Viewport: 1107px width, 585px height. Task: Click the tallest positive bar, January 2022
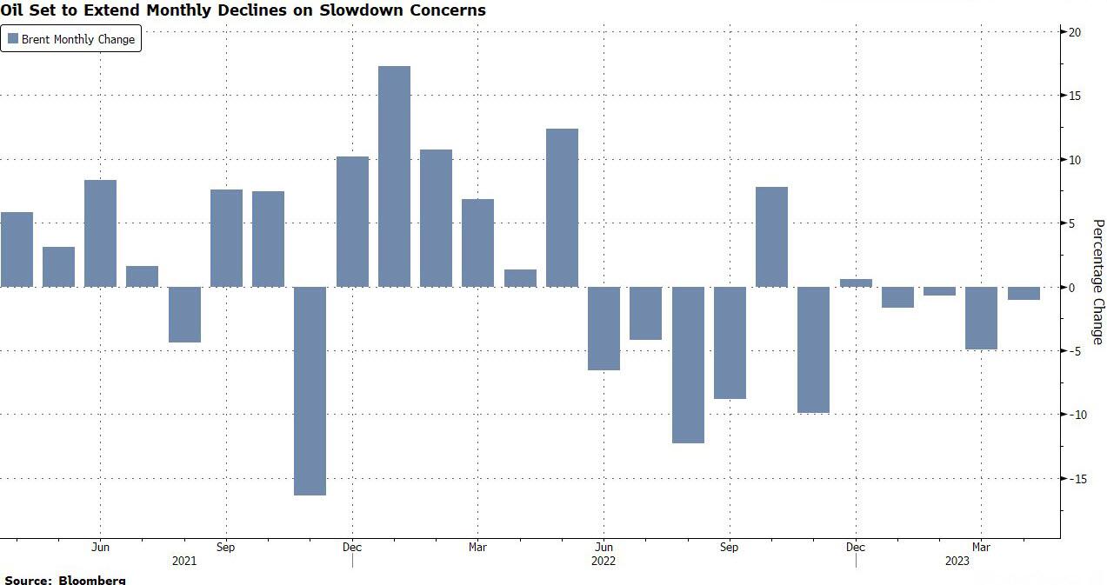[x=394, y=176]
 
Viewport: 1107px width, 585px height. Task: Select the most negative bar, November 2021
[x=310, y=390]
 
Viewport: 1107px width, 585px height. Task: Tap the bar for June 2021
[x=100, y=233]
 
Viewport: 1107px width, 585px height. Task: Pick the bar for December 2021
[x=352, y=222]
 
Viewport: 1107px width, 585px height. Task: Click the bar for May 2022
[x=562, y=208]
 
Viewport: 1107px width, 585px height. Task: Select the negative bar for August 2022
[x=688, y=364]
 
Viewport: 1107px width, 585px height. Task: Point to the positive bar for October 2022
[x=771, y=236]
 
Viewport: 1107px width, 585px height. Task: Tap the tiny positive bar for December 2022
[x=856, y=283]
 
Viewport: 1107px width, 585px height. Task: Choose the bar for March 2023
[x=981, y=318]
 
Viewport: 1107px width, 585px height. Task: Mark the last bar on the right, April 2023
[x=1024, y=293]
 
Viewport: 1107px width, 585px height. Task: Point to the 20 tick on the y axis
[x=1074, y=32]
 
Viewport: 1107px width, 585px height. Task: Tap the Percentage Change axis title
[x=1097, y=282]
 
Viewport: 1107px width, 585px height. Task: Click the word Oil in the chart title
[x=15, y=10]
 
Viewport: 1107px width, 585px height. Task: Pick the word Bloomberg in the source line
[x=93, y=579]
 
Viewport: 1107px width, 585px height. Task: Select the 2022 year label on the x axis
[x=603, y=561]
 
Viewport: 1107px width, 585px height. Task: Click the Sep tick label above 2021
[x=225, y=548]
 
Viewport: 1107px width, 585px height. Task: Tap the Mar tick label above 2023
[x=981, y=548]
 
